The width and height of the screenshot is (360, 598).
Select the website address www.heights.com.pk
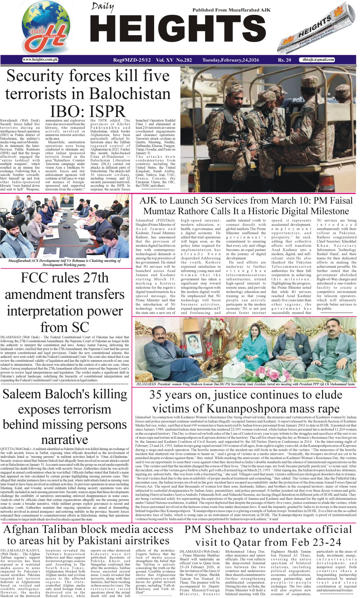tap(40, 60)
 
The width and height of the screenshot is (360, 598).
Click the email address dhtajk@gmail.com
tap(318, 60)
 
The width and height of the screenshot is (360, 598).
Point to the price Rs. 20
tap(284, 60)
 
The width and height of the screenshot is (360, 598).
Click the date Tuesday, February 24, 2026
tap(230, 60)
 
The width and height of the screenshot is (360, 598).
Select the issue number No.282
tap(184, 60)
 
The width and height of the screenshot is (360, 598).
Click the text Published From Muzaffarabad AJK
tap(231, 10)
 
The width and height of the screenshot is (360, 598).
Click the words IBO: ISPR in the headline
tap(88, 111)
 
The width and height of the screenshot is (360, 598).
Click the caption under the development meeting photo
tap(64, 263)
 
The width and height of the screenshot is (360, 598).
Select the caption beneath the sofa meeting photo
tap(245, 384)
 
